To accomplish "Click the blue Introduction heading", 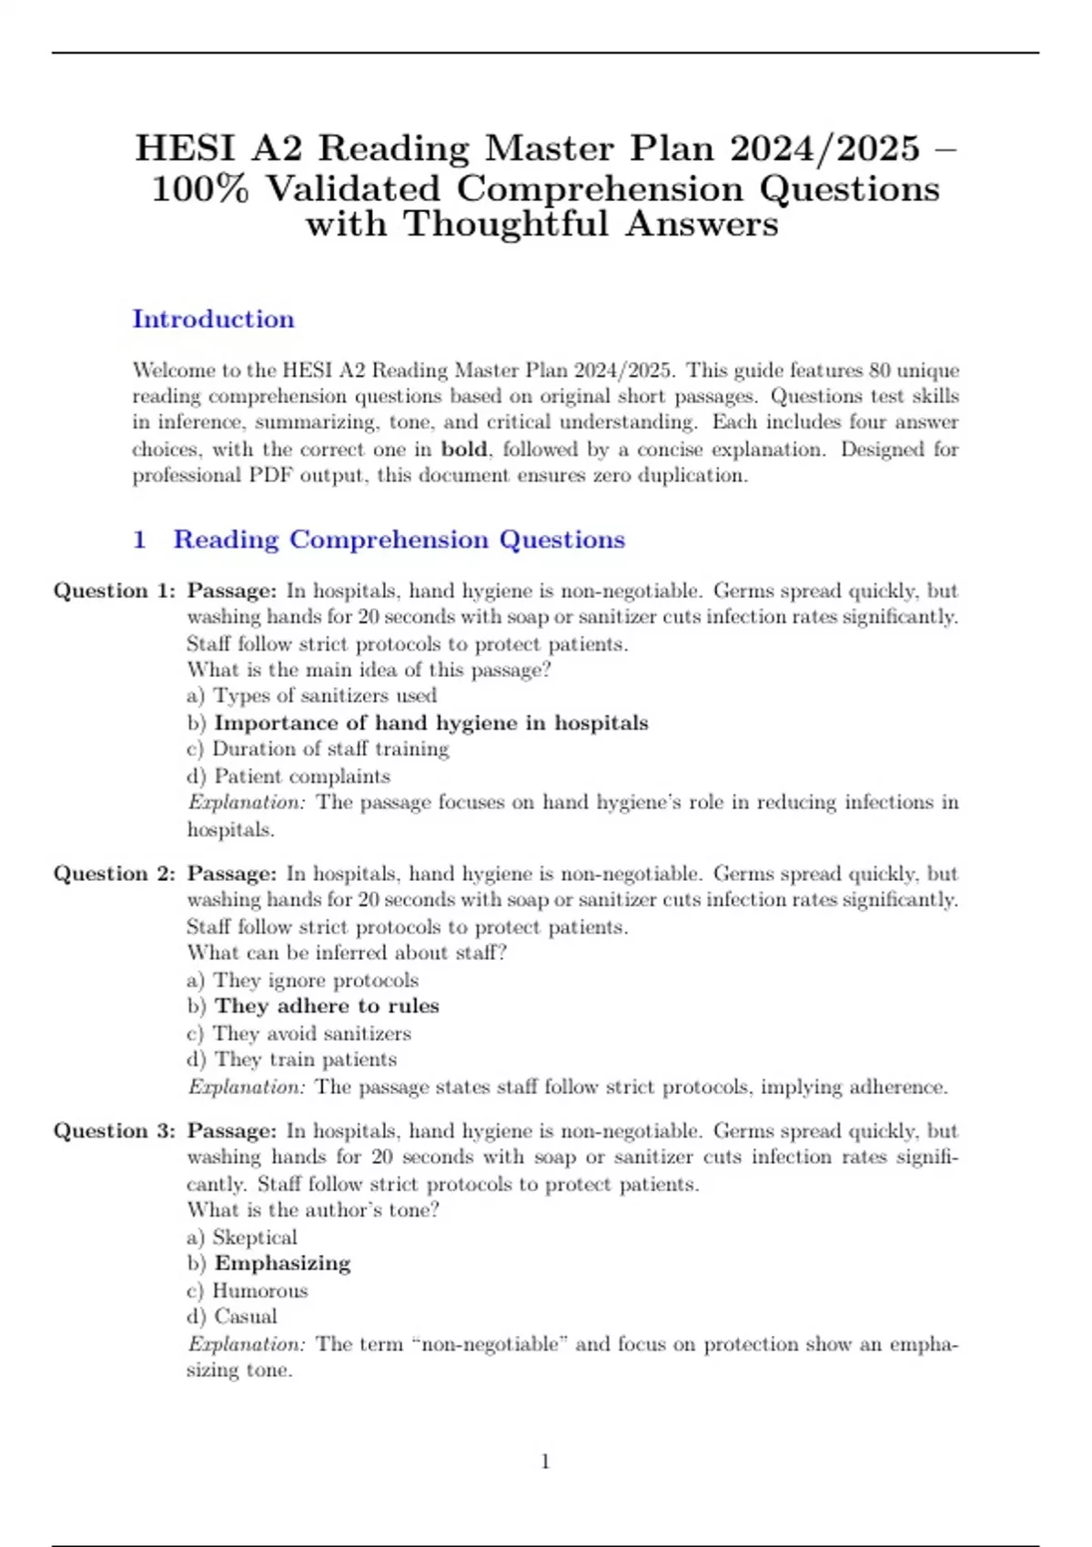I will point(213,319).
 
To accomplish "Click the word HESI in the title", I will point(185,147).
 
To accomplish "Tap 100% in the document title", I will point(199,189).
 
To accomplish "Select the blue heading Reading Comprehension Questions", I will point(399,540).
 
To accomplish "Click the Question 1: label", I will point(115,591).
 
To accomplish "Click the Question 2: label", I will point(115,874).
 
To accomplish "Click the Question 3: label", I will point(115,1131).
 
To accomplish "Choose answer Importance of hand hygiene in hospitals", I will point(430,723).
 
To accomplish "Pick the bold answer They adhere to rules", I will point(327,1006).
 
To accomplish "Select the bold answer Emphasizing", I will point(282,1264).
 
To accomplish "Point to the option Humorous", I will point(259,1290).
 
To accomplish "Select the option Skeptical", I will point(254,1238).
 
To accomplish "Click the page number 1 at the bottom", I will point(545,1462).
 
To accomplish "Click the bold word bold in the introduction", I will point(464,450).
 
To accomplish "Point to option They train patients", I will point(305,1060).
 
